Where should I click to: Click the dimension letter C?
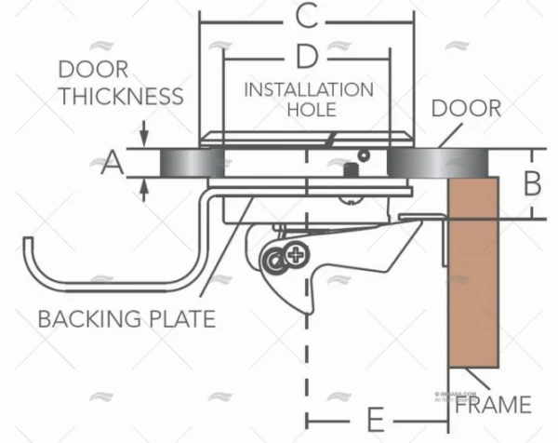[307, 16]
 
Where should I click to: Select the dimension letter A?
[112, 164]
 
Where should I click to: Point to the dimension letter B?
[532, 183]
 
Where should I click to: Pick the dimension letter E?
[377, 416]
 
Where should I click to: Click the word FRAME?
[494, 404]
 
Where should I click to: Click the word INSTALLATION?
[308, 89]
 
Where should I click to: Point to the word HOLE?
[308, 110]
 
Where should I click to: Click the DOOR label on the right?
[466, 109]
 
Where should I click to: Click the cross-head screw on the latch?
[296, 251]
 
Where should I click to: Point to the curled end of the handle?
[30, 246]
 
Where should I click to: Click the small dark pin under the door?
[352, 170]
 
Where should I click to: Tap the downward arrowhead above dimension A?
[145, 141]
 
